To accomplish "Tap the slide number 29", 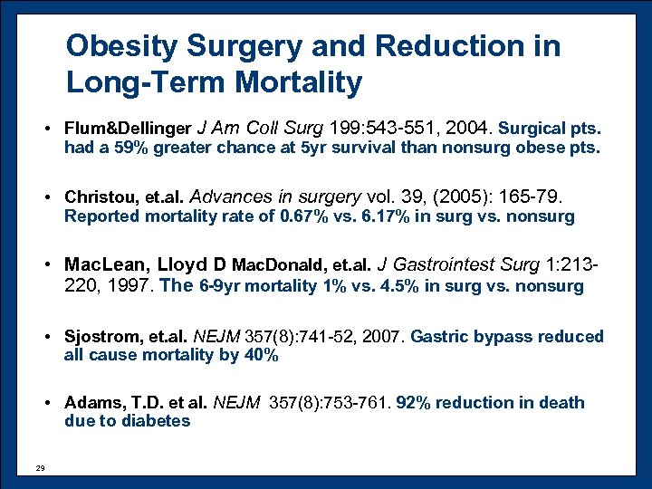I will pos(39,468).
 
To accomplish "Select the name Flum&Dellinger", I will pos(128,129).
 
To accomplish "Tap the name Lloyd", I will pos(184,265).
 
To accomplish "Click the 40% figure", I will pos(262,355).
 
